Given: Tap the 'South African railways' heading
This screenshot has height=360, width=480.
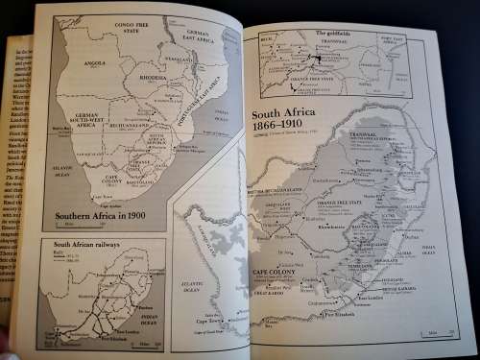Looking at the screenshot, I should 82,247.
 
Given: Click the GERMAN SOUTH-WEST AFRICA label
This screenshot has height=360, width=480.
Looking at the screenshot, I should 81,118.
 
